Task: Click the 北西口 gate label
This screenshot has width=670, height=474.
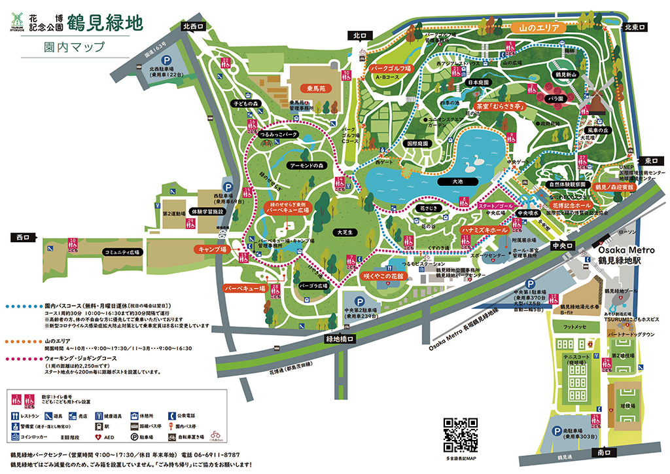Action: click(194, 27)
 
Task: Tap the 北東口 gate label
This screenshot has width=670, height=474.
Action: click(635, 27)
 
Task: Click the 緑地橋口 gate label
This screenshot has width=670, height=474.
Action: click(338, 339)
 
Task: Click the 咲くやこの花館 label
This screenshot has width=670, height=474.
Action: click(384, 277)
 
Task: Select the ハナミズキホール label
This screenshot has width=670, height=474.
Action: click(485, 231)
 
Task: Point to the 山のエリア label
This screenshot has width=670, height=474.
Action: click(538, 28)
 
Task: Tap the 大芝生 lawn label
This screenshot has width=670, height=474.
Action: click(343, 232)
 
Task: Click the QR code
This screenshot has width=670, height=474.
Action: click(461, 433)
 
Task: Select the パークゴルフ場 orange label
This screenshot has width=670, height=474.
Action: click(391, 67)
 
